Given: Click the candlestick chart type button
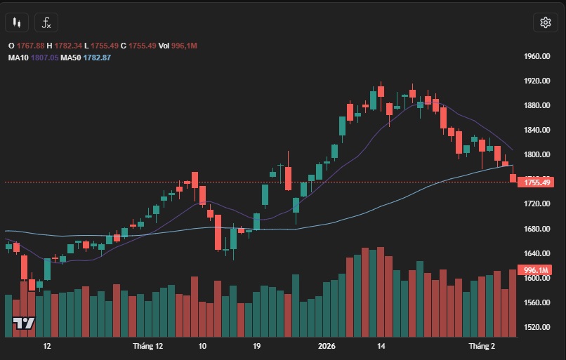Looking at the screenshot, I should [x=17, y=22].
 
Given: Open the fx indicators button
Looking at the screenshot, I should [x=47, y=22].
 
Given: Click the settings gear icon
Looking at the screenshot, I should [x=545, y=22].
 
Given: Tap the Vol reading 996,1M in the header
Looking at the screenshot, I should [x=185, y=46].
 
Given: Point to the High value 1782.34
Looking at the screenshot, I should [x=69, y=46].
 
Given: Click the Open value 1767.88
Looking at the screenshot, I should [x=30, y=46].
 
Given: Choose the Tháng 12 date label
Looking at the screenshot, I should [x=147, y=346].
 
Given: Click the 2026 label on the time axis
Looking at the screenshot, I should [x=327, y=346].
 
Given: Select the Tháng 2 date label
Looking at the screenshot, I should [x=482, y=346].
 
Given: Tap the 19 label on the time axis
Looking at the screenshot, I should [x=257, y=346].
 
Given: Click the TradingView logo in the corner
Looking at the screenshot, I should [x=24, y=324].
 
